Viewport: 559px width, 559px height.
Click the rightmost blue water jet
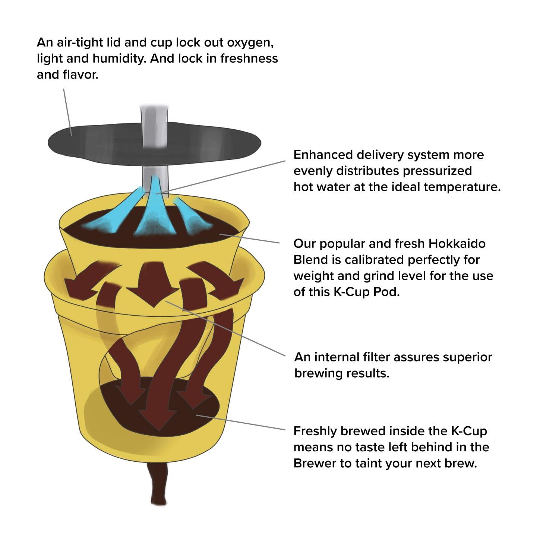point(192,216)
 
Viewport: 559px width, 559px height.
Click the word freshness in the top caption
point(249,59)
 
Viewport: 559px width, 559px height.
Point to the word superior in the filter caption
point(467,357)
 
